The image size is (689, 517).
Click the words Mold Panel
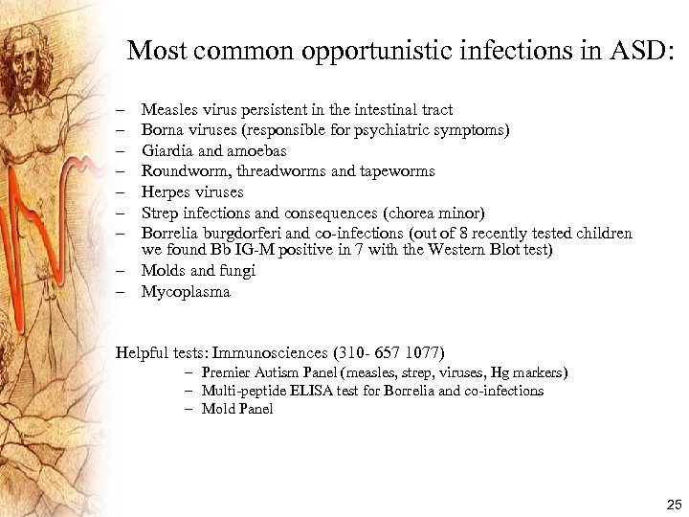pyautogui.click(x=237, y=409)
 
